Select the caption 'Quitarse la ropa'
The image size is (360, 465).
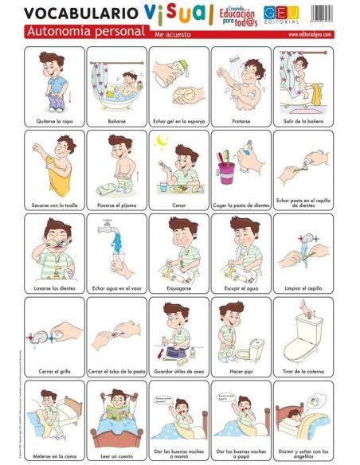(55, 121)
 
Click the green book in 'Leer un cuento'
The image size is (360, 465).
(117, 412)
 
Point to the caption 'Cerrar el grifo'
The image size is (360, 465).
(55, 370)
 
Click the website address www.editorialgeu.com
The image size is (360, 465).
(307, 36)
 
